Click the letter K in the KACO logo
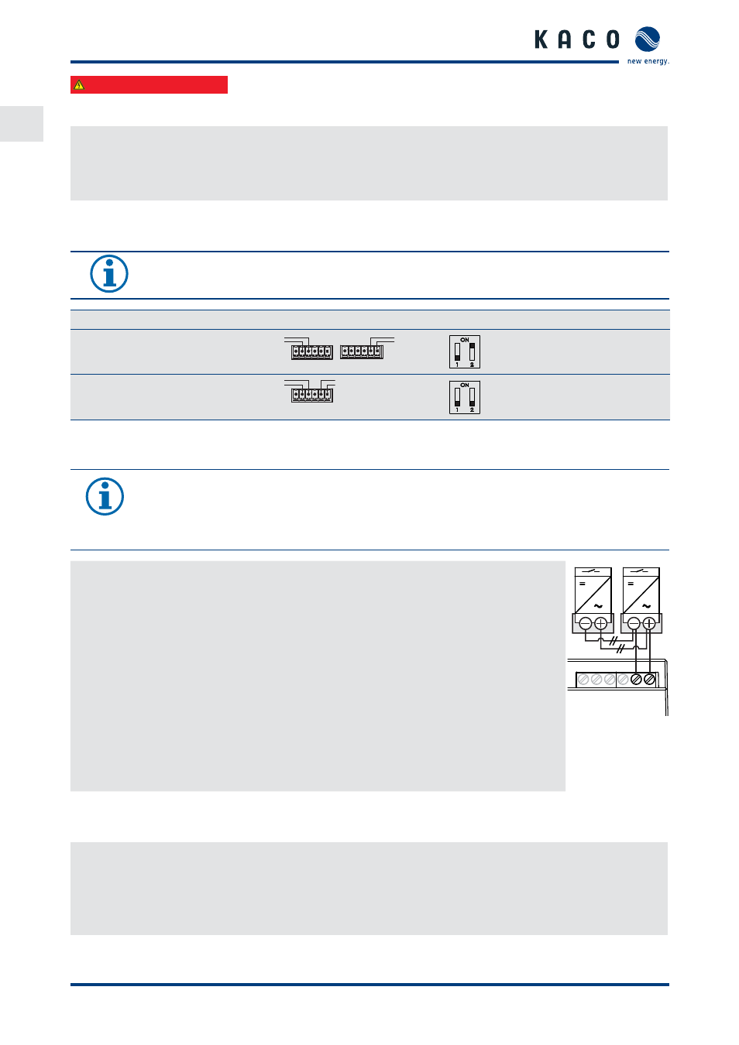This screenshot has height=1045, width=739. pos(541,39)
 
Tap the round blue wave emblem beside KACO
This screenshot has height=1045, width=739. pos(647,39)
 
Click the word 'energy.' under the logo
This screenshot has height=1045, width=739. pos(657,61)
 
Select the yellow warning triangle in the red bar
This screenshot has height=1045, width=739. pos(79,85)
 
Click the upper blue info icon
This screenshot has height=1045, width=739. pos(109,274)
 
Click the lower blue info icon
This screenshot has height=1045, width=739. pos(105,496)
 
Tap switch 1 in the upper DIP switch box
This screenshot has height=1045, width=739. pos(457,351)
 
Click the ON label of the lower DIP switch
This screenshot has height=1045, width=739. pos(465,385)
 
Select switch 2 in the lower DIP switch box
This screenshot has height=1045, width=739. pos(472,397)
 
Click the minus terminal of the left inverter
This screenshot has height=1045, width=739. pos(586,623)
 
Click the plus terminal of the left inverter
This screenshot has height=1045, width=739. pos(601,623)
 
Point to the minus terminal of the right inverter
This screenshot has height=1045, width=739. pos(634,623)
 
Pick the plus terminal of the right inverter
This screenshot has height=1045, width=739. pos(649,623)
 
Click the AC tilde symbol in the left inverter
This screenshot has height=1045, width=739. pos(598,606)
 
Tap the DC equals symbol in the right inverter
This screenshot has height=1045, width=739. pos(631,584)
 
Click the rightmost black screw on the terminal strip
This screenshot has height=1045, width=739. pos(649,680)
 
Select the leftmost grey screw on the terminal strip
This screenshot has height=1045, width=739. pos(583,680)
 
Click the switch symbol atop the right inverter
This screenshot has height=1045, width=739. pos(641,571)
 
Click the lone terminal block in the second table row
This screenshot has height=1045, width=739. pos(312,396)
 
